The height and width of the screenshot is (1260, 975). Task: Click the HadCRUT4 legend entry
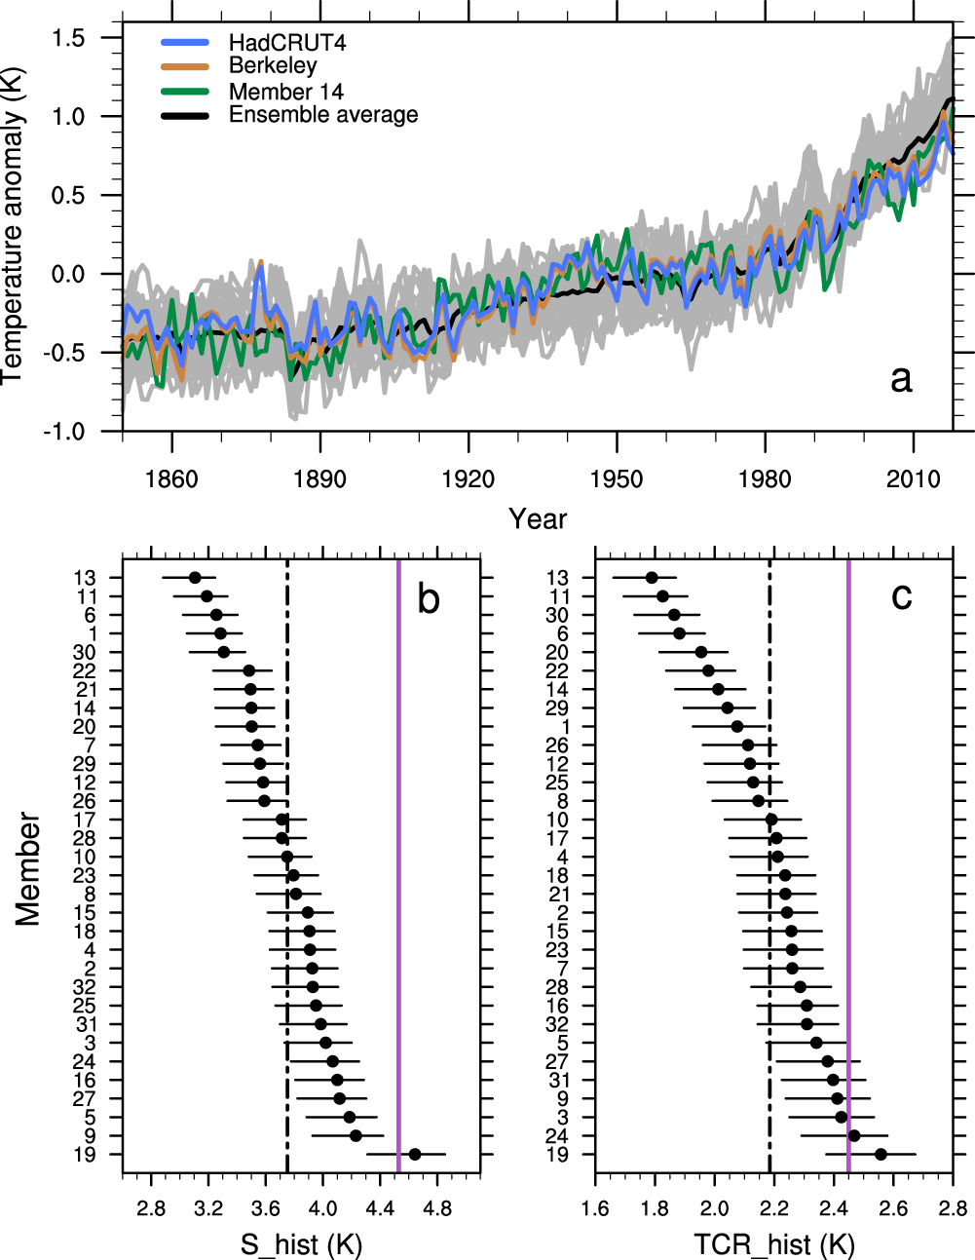(x=286, y=43)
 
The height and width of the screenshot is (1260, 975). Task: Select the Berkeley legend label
(x=273, y=66)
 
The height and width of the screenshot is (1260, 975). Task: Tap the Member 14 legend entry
(x=285, y=92)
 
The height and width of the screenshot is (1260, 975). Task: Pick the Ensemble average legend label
(x=322, y=115)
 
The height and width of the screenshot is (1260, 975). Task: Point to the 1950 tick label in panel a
(x=617, y=479)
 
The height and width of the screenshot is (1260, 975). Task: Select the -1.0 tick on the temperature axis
(x=66, y=431)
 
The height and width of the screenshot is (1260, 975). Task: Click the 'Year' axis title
(x=537, y=519)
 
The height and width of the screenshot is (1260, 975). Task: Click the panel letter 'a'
(x=901, y=378)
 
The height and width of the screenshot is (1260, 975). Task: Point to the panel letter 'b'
(x=429, y=598)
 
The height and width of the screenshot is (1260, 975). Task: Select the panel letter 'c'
(x=901, y=594)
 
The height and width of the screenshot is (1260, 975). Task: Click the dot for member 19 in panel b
(x=415, y=1154)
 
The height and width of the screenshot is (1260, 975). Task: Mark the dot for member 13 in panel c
(x=652, y=578)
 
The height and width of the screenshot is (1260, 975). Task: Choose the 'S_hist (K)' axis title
(x=301, y=1244)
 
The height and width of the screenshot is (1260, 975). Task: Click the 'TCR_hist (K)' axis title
(x=773, y=1244)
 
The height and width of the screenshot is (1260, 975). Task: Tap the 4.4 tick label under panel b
(x=381, y=1209)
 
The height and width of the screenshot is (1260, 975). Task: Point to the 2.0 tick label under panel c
(x=714, y=1209)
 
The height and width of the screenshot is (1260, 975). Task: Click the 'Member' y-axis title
(x=28, y=868)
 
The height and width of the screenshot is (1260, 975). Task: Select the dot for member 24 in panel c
(x=854, y=1135)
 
